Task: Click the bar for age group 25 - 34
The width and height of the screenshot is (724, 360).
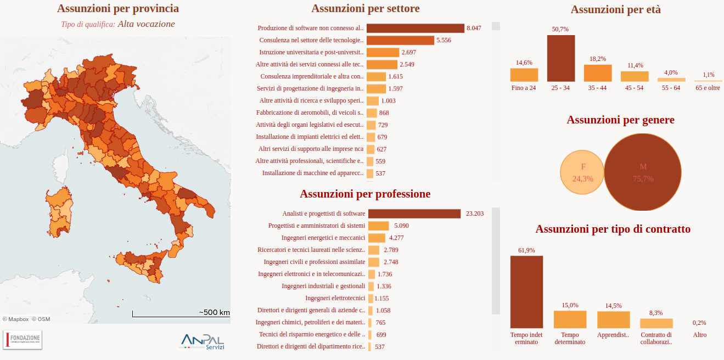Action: coord(560,58)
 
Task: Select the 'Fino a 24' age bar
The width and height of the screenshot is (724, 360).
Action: coord(524,75)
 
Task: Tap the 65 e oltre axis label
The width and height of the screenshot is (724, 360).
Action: coord(708,88)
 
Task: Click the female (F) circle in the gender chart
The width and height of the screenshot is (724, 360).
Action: coord(582,172)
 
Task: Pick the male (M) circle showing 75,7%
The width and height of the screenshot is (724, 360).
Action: coord(643,172)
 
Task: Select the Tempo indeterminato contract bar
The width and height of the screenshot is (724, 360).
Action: coord(526,292)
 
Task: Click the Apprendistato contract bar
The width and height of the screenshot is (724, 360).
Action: coord(613,320)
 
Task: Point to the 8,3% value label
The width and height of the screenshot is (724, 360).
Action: coord(655,313)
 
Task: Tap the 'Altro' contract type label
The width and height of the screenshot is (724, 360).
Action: coord(699,335)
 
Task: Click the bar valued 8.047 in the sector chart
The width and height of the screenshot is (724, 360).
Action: coord(415,28)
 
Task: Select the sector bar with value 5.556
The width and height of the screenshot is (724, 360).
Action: coord(400,40)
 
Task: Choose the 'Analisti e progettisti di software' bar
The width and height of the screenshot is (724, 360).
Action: coord(414,213)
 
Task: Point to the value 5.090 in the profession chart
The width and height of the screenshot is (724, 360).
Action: coord(401,226)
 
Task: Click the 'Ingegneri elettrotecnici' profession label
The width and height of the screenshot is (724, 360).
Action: coord(335,298)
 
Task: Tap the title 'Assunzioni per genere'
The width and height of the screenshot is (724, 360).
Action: coord(620,120)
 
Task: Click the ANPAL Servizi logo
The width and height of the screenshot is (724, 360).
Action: coord(203,341)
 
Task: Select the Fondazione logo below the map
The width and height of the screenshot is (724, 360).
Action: coord(23,340)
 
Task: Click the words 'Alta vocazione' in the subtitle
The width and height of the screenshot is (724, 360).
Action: coord(146,24)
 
